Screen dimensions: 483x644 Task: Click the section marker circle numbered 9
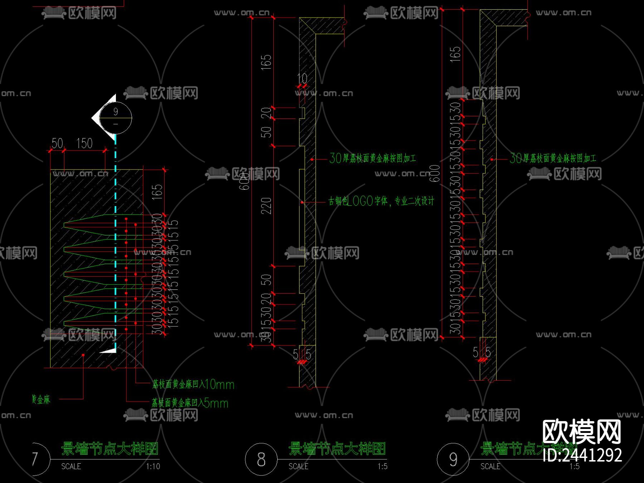[115, 117]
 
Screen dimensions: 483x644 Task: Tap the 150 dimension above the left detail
[84, 143]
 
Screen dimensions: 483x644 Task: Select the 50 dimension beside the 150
[57, 143]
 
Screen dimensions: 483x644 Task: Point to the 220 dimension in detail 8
[266, 206]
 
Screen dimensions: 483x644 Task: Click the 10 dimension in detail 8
[302, 78]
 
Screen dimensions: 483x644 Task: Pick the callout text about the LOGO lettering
[381, 201]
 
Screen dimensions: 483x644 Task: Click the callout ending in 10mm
[193, 385]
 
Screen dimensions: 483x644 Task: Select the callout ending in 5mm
[190, 403]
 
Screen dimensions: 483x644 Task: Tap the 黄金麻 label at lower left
[41, 399]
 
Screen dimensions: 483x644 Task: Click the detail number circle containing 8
[261, 459]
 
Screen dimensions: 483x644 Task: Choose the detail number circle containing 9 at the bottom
[453, 459]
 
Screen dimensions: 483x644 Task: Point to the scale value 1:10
[153, 467]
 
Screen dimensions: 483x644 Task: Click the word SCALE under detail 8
[298, 467]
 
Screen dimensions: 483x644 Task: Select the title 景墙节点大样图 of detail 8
[337, 449]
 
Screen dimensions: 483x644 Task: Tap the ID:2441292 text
[582, 455]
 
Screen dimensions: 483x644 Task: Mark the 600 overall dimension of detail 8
[244, 181]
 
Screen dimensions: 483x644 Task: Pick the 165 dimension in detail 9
[455, 54]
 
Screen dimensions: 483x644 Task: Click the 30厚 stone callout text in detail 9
[553, 158]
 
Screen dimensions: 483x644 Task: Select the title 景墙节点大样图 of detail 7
[109, 449]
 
